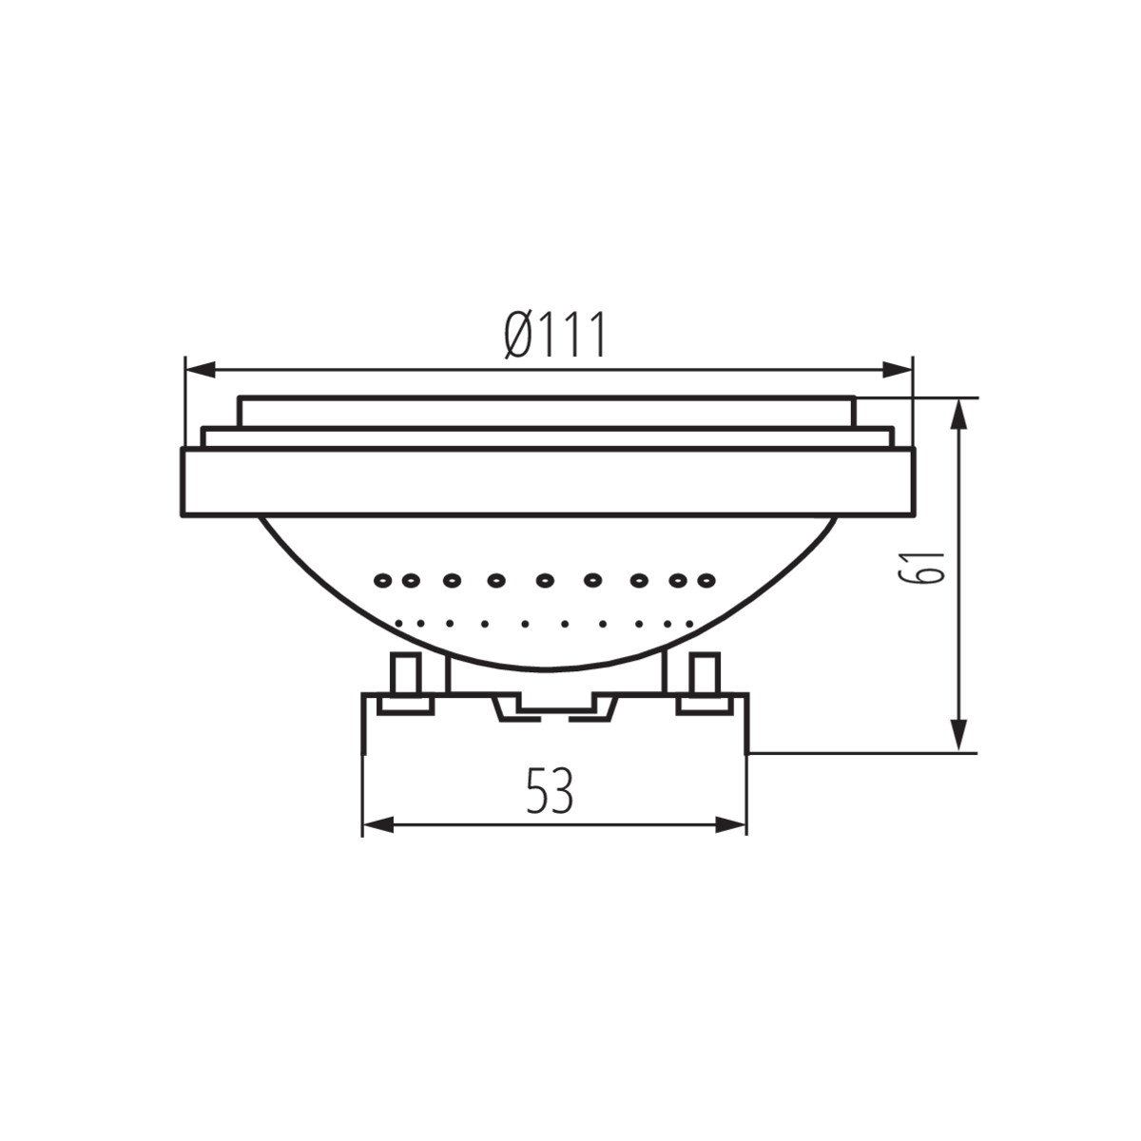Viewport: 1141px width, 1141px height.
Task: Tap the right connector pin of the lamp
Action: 705,676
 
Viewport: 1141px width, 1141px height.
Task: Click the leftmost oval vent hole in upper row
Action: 383,579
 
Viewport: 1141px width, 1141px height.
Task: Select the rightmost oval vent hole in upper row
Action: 706,579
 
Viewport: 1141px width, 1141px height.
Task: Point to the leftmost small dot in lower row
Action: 397,623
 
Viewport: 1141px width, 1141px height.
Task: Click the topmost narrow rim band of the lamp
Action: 548,412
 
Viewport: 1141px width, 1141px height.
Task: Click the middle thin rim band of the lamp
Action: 548,437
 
